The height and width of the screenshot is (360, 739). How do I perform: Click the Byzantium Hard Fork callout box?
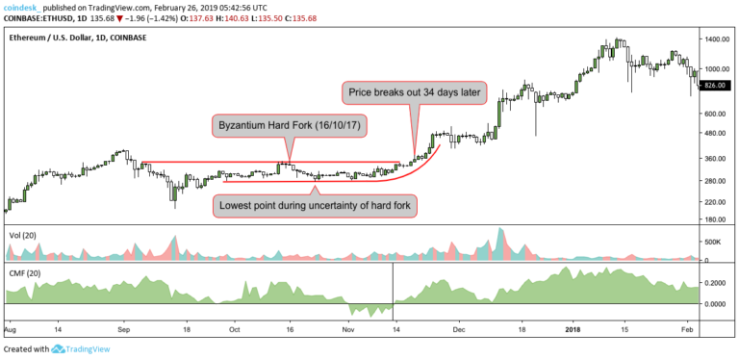coord(290,127)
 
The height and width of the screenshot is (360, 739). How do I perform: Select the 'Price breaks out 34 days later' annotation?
coord(416,93)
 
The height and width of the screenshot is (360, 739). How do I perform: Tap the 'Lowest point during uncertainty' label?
coord(314,206)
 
